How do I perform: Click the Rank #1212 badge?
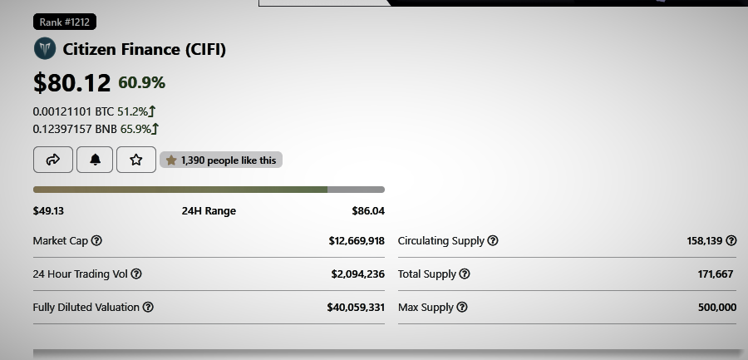[x=64, y=22]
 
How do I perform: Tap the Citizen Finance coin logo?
[x=45, y=49]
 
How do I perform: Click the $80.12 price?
[x=71, y=82]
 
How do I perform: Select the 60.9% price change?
[x=141, y=82]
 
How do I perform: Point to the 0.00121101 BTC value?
[x=73, y=111]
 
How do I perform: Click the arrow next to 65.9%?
[x=155, y=129]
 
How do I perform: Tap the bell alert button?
[x=95, y=160]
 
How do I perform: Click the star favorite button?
[x=136, y=160]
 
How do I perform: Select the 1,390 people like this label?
[x=221, y=160]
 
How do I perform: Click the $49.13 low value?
[x=48, y=211]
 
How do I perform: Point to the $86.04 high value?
[x=368, y=211]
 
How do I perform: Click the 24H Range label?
[x=209, y=211]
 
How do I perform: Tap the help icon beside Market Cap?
[x=96, y=240]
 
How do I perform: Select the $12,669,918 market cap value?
[x=357, y=241]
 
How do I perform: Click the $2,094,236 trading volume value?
[x=357, y=274]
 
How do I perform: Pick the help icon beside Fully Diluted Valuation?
[x=148, y=307]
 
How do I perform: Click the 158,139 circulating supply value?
[x=705, y=241]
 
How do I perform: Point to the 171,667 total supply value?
[x=715, y=274]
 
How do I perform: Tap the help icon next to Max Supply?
[x=462, y=307]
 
